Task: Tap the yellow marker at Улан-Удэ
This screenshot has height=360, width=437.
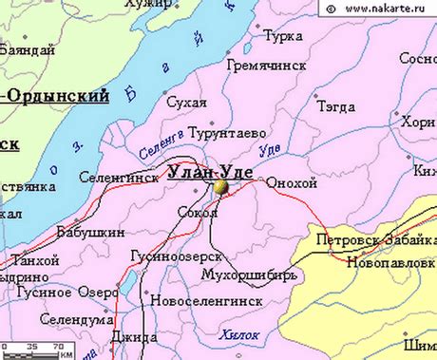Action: coord(221,188)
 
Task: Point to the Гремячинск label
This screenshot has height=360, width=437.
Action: coord(265,66)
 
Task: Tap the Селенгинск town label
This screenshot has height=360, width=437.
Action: coord(119,178)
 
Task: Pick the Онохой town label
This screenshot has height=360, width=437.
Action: coord(292,182)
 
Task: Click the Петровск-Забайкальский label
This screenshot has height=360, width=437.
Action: coord(376,240)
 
